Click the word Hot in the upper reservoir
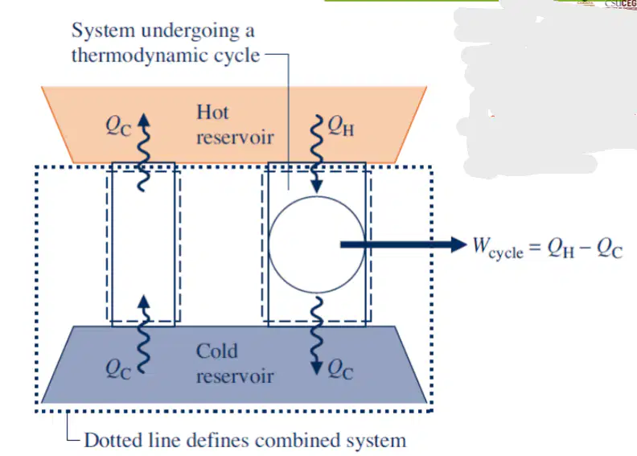pos(212,112)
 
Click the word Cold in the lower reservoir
pos(216,351)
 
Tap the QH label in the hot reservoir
pos(341,126)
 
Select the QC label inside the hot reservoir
pos(118,126)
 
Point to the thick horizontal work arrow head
pos(458,244)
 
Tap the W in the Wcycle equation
pos(482,244)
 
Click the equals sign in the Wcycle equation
pos(535,246)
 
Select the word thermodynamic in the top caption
pos(166,55)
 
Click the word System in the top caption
pos(103,31)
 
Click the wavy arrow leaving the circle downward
pos(316,335)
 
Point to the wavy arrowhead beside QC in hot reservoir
pos(143,120)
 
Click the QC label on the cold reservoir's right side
pos(340,369)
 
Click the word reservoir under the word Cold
pos(235,376)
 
